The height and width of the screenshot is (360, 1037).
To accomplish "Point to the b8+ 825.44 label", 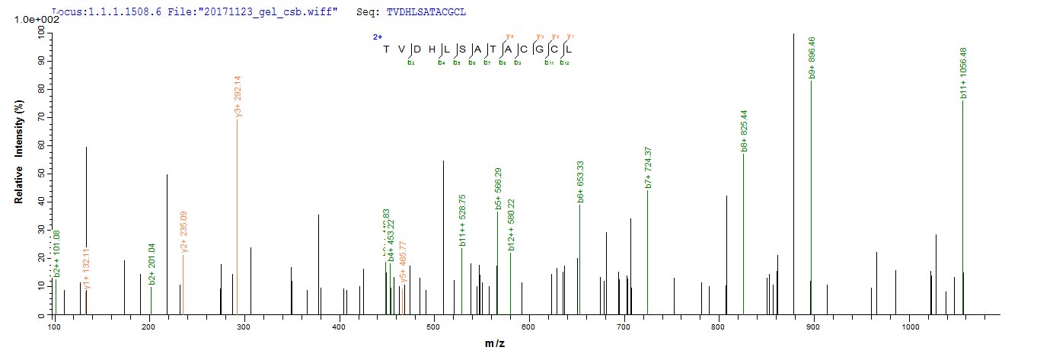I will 745,130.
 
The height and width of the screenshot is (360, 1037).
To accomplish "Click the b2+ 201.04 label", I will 152,266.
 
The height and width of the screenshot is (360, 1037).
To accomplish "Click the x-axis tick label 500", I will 433,327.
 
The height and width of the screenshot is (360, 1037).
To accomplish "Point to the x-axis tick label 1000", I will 908,327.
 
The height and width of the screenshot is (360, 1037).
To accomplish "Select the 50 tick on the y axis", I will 40,174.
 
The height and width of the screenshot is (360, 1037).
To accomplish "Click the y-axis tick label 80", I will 40,88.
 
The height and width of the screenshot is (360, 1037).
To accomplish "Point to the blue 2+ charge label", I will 378,36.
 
